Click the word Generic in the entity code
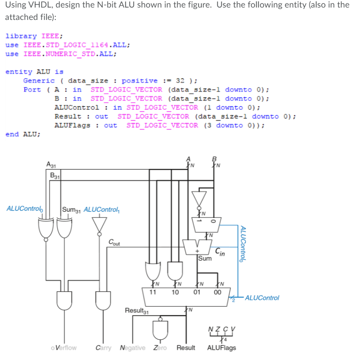point(39,81)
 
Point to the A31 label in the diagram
point(51,165)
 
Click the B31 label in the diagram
point(55,175)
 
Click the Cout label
point(115,242)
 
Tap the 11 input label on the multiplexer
point(152,292)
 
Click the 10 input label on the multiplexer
point(175,292)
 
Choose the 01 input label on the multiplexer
point(197,292)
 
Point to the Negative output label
point(132,348)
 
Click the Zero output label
point(160,348)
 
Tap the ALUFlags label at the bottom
point(221,348)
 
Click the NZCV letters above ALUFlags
point(221,329)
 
